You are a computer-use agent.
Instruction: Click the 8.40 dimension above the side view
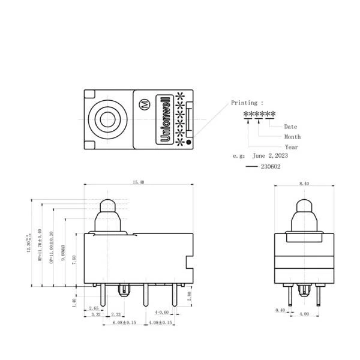click(x=304, y=182)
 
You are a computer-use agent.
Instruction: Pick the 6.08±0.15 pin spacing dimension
click(x=124, y=323)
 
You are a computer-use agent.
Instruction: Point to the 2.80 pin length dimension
click(x=190, y=295)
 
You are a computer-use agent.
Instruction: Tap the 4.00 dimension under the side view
click(x=304, y=313)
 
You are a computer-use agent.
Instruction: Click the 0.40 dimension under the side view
click(x=280, y=310)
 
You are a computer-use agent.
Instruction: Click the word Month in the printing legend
click(x=292, y=137)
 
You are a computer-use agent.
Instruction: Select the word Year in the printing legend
click(x=291, y=146)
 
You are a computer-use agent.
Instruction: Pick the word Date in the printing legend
click(x=290, y=127)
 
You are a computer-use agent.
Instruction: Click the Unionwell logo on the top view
click(x=164, y=118)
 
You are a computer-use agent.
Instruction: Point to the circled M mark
click(x=144, y=103)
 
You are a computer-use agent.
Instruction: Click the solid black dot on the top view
click(x=190, y=143)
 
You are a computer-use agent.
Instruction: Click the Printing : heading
click(x=247, y=103)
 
